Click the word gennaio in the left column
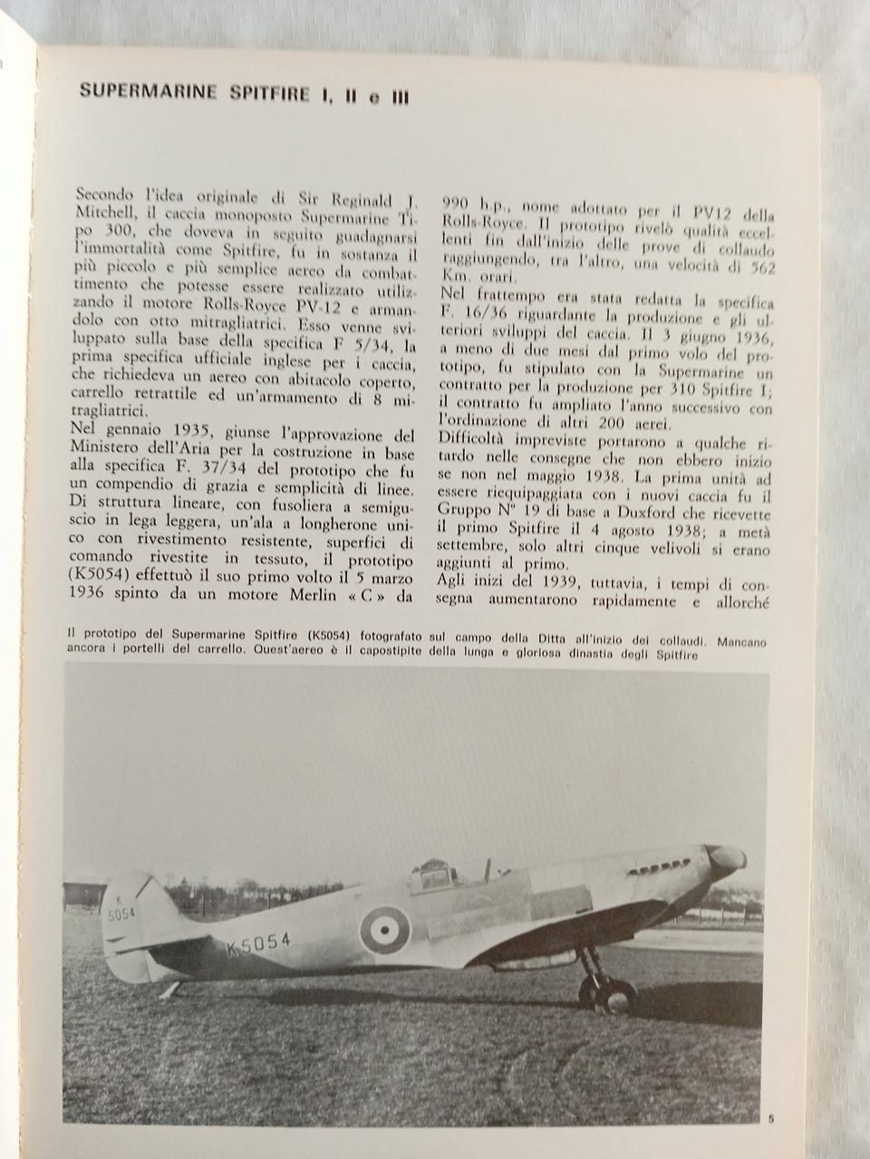coord(132,436)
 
